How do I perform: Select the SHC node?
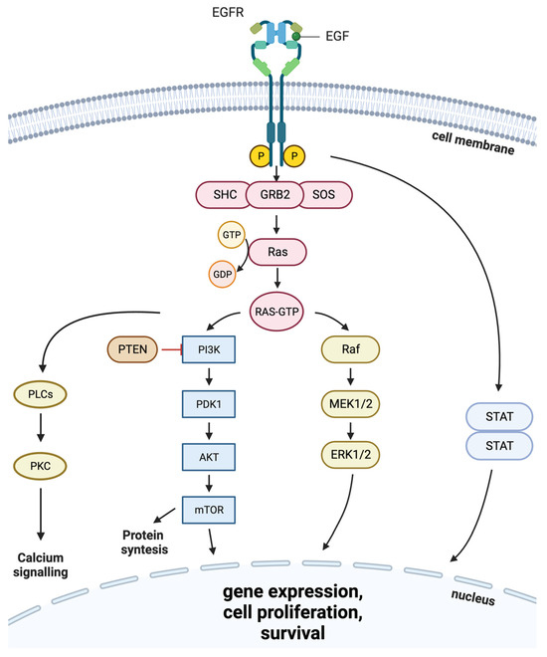(x=227, y=191)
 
